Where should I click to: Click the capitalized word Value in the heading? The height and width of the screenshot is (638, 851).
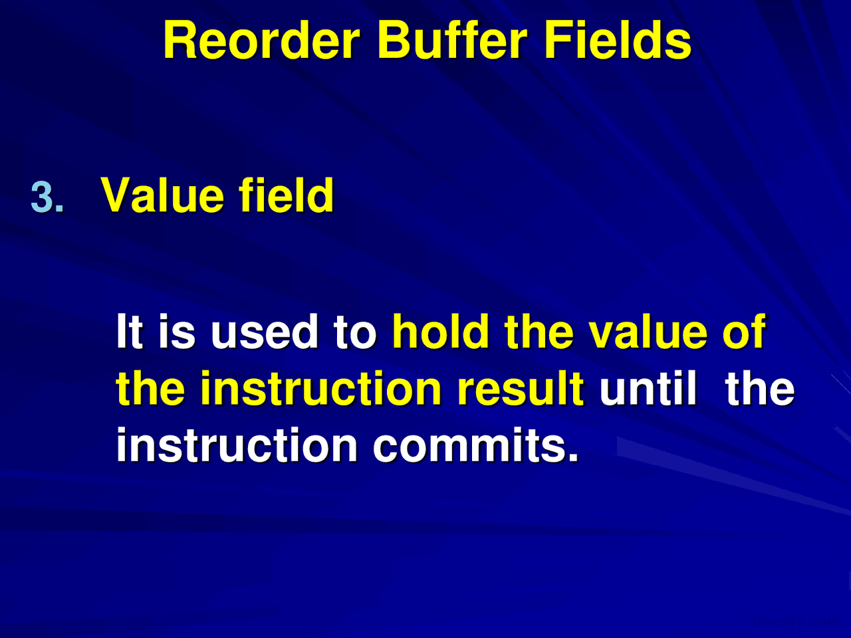(x=162, y=195)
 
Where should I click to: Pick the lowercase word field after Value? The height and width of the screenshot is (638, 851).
(x=286, y=195)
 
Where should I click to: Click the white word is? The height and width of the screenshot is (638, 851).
(x=177, y=331)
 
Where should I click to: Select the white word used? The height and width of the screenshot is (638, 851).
(x=265, y=331)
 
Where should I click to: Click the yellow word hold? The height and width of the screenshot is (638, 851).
(x=441, y=331)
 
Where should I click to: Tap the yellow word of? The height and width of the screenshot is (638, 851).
(x=743, y=331)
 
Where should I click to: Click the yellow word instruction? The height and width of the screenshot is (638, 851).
(x=320, y=388)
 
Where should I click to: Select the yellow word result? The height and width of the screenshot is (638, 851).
(x=521, y=388)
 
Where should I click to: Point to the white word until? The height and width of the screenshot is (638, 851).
(x=648, y=388)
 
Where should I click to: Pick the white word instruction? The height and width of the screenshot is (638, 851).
(x=237, y=445)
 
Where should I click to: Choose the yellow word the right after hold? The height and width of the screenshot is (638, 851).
(x=539, y=331)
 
